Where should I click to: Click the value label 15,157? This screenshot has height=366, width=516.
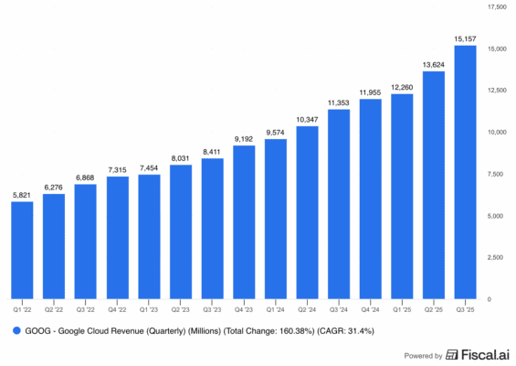[464, 38]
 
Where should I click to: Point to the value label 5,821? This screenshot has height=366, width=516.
[22, 195]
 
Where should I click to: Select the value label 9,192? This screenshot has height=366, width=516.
[244, 138]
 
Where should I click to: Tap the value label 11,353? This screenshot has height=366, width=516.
[338, 102]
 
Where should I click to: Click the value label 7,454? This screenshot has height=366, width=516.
[149, 167]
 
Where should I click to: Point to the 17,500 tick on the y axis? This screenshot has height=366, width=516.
[499, 7]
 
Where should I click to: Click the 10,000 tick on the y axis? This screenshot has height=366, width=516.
[499, 133]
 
